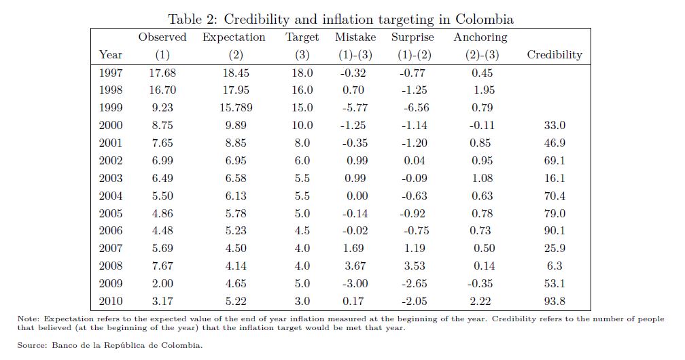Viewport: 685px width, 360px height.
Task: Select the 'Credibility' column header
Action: (x=555, y=55)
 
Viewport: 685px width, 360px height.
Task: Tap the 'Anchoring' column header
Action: (x=480, y=37)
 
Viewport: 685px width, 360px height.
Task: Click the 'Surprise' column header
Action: (x=413, y=37)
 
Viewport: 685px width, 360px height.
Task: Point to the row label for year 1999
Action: (x=111, y=107)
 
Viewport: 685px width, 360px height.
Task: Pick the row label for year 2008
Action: (x=111, y=266)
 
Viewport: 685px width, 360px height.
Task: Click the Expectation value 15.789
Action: (x=234, y=107)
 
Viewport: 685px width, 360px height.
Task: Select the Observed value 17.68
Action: (x=162, y=73)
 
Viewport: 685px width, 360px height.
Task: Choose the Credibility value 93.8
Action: (x=555, y=302)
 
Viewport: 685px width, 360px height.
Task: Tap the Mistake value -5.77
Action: (x=353, y=107)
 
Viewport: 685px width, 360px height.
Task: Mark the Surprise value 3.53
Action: (x=413, y=266)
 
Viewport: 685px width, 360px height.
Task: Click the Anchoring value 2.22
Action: (x=480, y=302)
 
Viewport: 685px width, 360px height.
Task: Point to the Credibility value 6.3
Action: (x=555, y=266)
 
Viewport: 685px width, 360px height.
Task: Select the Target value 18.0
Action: (x=302, y=73)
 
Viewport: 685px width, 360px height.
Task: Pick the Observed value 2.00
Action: (x=162, y=284)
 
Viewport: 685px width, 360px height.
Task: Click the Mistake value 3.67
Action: (x=353, y=266)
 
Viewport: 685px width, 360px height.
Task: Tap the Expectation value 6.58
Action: (x=234, y=178)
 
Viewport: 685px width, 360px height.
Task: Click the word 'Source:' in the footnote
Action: (x=32, y=345)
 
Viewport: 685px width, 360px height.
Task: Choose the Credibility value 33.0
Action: (x=555, y=125)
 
